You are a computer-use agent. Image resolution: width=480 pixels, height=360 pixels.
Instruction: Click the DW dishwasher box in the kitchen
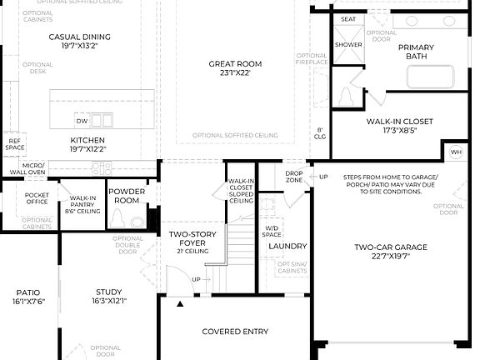coord(82,119)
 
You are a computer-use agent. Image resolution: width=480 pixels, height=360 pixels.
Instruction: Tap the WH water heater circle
coord(456,152)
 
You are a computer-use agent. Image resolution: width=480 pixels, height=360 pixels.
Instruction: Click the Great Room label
coord(236,64)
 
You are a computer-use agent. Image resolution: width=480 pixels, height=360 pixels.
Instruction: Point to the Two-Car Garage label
coord(390,247)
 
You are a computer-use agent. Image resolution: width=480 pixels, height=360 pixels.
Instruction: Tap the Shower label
coord(348,44)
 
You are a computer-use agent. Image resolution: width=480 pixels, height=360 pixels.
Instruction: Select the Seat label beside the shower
coord(348,18)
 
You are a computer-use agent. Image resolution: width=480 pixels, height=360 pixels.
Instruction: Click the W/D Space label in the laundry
coord(272,231)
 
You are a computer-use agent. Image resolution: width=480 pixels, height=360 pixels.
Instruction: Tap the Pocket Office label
coord(37,197)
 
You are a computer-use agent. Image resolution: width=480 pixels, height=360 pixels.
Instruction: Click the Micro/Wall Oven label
coord(33,169)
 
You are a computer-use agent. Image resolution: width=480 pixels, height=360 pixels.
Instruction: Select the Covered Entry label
coord(235,332)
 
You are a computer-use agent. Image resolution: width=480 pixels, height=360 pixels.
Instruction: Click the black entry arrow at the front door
coord(180,306)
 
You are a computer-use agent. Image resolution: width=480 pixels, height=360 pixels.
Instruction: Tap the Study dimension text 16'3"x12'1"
coord(108,301)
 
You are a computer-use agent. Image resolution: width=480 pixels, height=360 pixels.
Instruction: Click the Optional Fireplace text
coord(311,60)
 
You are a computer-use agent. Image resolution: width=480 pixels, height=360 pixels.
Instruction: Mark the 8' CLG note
coord(319,133)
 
